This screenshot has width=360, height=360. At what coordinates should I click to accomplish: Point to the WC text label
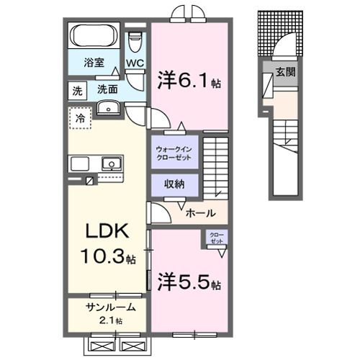tap(135, 63)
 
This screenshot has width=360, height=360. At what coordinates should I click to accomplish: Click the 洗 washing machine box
tap(76, 90)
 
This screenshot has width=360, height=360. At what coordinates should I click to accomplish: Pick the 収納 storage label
tap(173, 184)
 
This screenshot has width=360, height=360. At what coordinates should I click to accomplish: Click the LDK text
tap(108, 232)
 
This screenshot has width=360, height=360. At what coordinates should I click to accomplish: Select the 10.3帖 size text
tap(108, 257)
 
